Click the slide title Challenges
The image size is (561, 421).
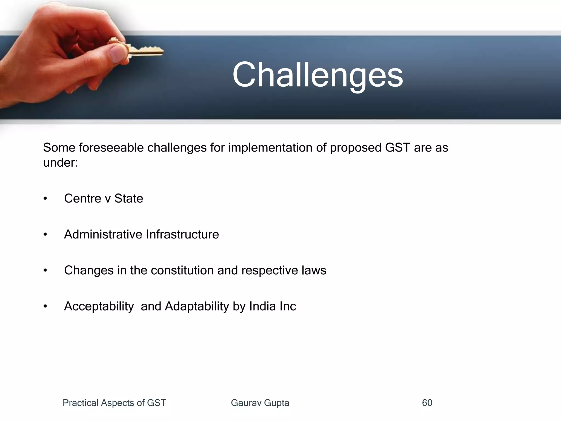317,75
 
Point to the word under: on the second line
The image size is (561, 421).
61,163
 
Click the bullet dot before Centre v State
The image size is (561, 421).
45,198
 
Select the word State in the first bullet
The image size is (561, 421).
128,198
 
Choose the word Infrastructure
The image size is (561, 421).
182,234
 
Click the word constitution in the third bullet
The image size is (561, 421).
182,270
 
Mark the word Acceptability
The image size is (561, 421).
99,306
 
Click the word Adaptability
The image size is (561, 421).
197,306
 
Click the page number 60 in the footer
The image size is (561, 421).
427,403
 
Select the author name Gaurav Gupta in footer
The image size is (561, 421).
260,403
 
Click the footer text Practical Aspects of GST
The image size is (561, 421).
114,403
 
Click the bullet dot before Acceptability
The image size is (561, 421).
45,306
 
